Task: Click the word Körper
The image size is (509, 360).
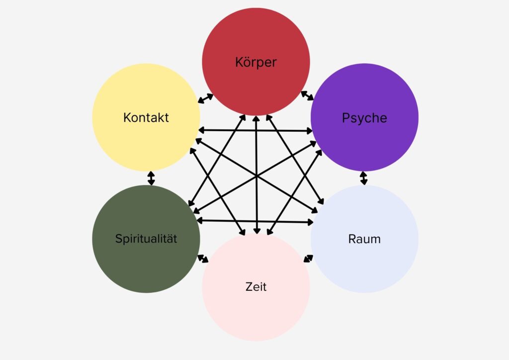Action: click(255, 63)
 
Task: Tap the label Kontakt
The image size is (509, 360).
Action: click(146, 118)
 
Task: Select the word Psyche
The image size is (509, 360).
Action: click(364, 118)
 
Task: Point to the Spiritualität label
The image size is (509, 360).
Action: click(146, 239)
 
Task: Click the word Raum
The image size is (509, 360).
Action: click(364, 239)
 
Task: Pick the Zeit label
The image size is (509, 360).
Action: click(256, 287)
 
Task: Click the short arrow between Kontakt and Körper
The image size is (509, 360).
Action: click(205, 98)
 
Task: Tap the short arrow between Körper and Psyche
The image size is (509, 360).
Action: click(307, 95)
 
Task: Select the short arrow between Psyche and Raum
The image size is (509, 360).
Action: click(364, 178)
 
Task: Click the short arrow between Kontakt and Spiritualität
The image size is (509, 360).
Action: click(151, 178)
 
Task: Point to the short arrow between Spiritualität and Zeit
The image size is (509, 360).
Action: click(203, 259)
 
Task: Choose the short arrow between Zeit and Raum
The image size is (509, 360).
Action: click(309, 259)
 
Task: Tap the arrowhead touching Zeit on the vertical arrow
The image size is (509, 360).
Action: click(256, 230)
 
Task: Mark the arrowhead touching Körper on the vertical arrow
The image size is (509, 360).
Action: click(256, 119)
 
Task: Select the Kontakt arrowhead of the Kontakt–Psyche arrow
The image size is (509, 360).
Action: click(201, 130)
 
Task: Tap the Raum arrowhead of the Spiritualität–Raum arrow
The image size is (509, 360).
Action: click(311, 222)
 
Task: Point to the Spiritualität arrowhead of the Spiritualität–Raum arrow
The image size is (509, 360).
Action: click(199, 220)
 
